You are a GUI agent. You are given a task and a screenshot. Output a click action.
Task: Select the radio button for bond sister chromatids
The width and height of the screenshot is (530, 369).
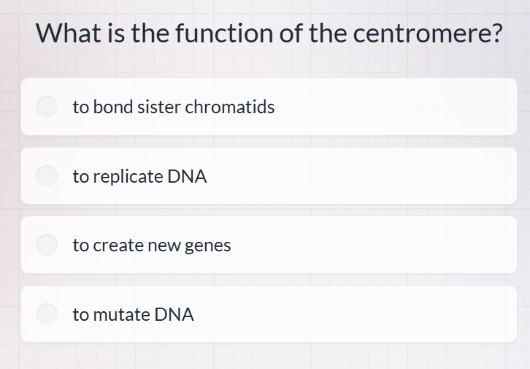coord(47,107)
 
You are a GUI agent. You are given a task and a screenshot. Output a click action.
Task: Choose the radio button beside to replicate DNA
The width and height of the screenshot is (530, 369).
coord(47,176)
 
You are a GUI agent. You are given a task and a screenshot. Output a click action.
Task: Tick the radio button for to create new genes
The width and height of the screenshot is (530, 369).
coord(47,245)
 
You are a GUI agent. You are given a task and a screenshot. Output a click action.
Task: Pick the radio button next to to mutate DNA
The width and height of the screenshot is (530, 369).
coord(47,314)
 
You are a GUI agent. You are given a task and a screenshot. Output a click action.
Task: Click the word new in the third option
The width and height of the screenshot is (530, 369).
coord(164,246)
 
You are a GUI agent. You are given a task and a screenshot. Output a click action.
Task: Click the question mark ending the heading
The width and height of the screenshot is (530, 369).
coord(495,33)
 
